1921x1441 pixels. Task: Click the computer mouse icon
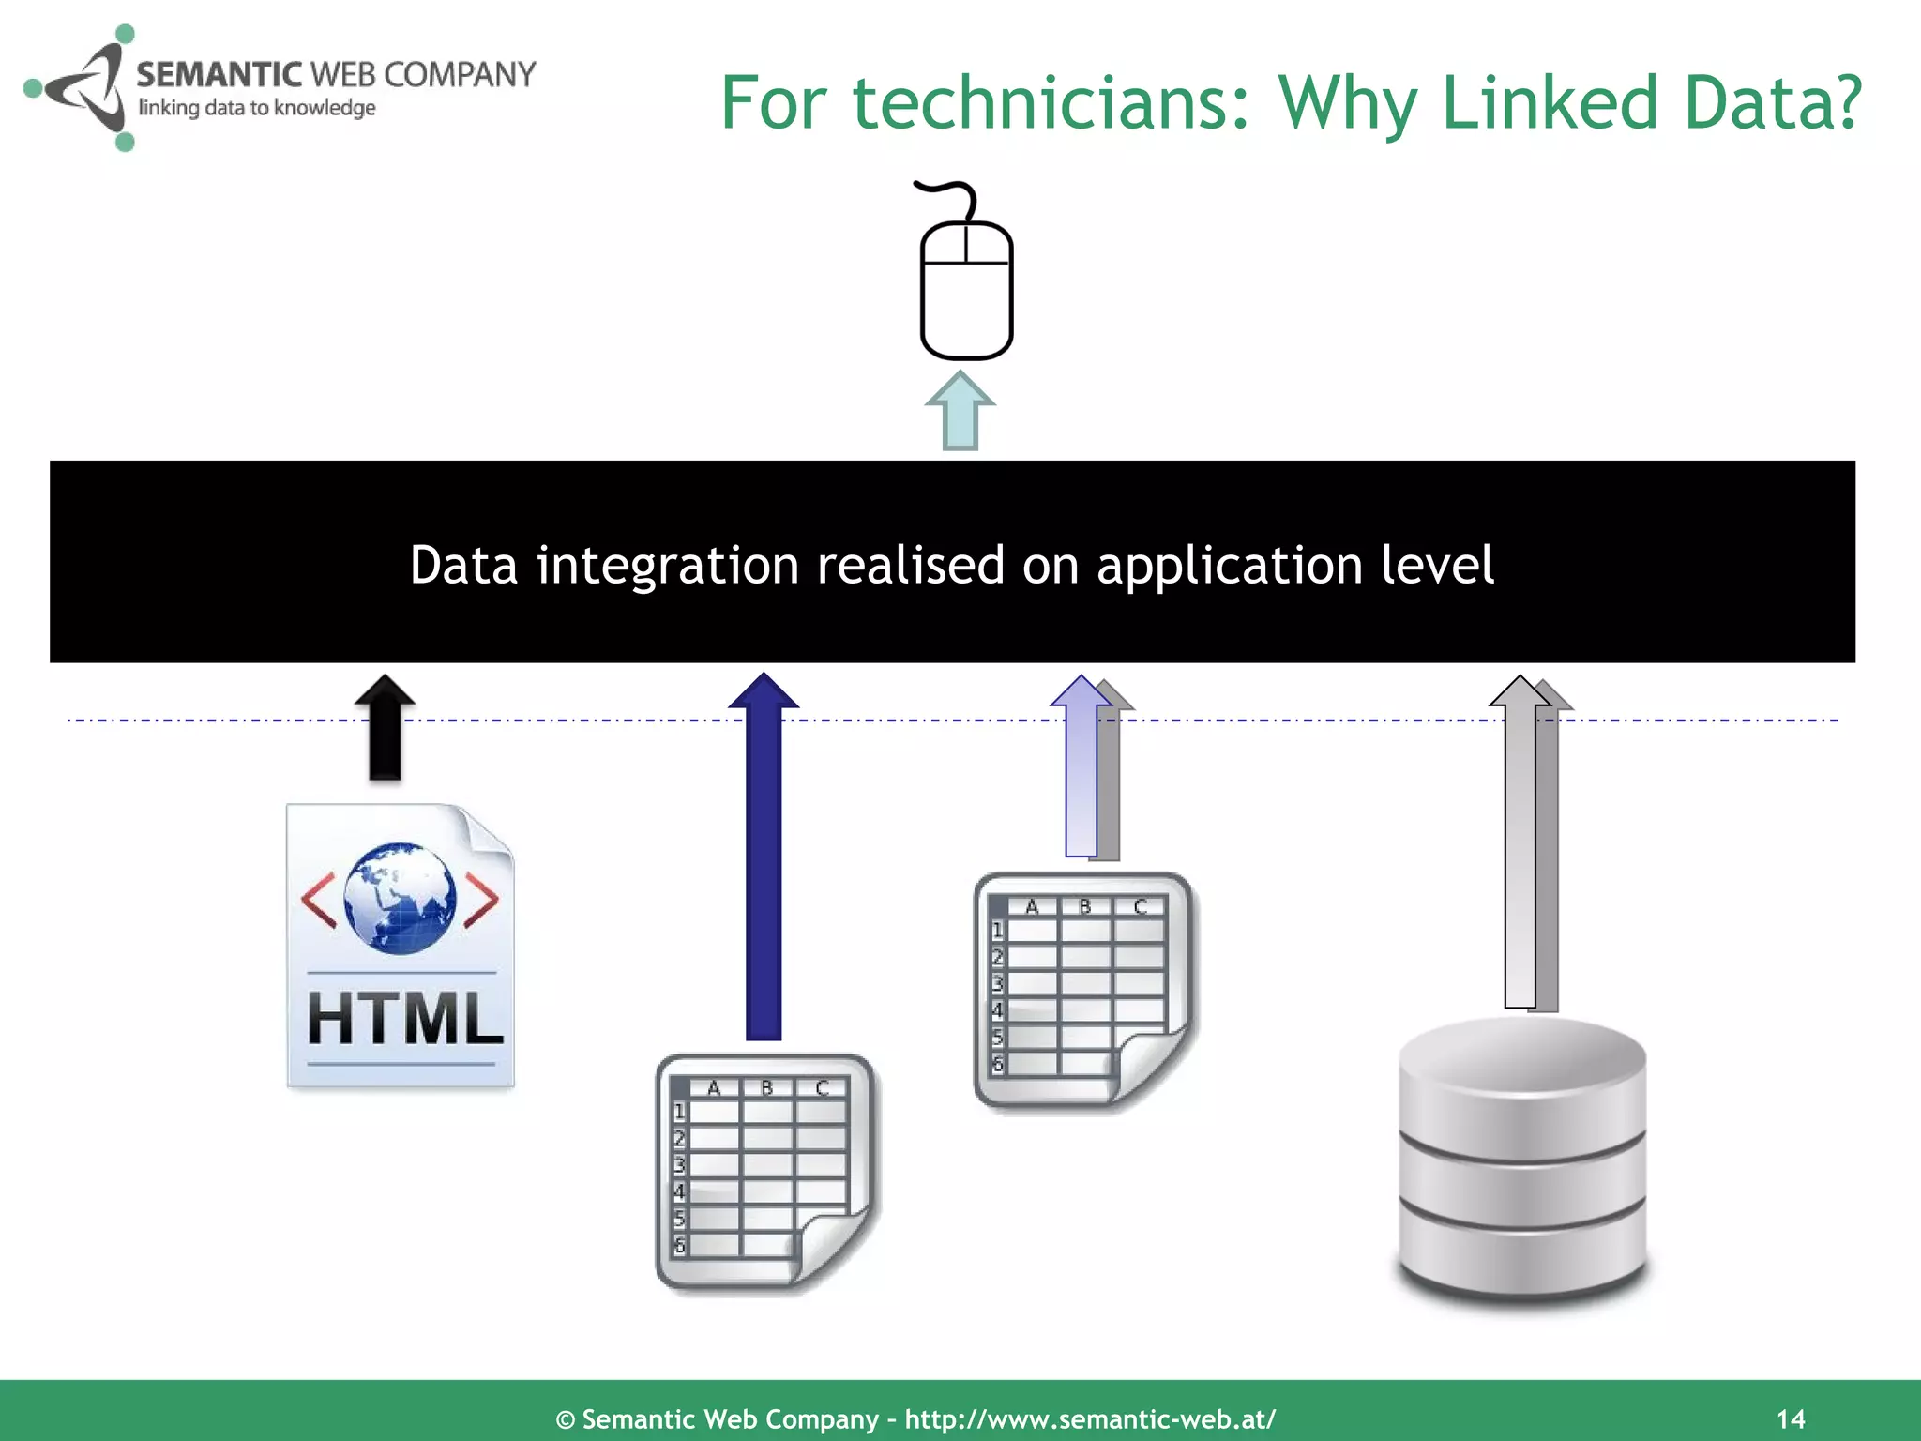[966, 291]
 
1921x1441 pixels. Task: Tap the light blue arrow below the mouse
[960, 413]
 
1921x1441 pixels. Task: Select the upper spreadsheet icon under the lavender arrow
[1083, 991]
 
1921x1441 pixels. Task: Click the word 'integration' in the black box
[667, 566]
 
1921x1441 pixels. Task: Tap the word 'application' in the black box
[1229, 566]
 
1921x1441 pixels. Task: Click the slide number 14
[1791, 1418]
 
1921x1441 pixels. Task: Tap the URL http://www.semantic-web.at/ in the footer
[1090, 1418]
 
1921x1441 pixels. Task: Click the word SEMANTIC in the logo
[219, 74]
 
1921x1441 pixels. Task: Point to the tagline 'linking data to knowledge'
[257, 108]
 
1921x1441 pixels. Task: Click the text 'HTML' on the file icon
[404, 1019]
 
